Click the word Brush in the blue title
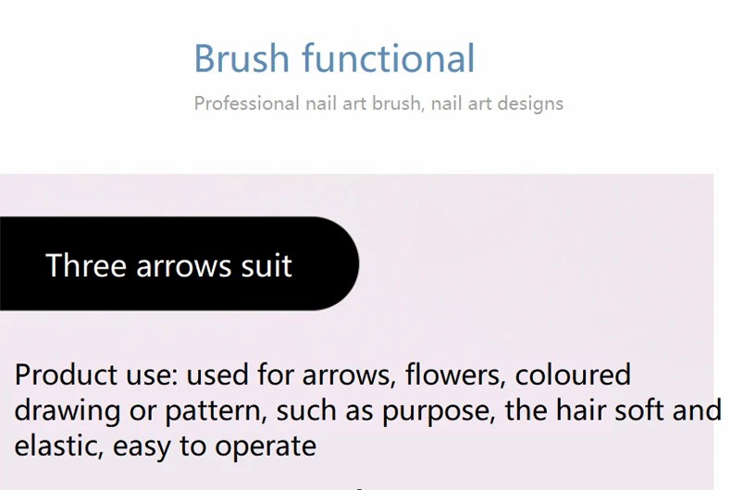coord(242,58)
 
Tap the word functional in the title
coord(389,57)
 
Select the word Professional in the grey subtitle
coord(247,103)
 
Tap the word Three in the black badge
coord(86,265)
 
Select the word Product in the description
coord(66,374)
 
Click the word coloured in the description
coord(573,374)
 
